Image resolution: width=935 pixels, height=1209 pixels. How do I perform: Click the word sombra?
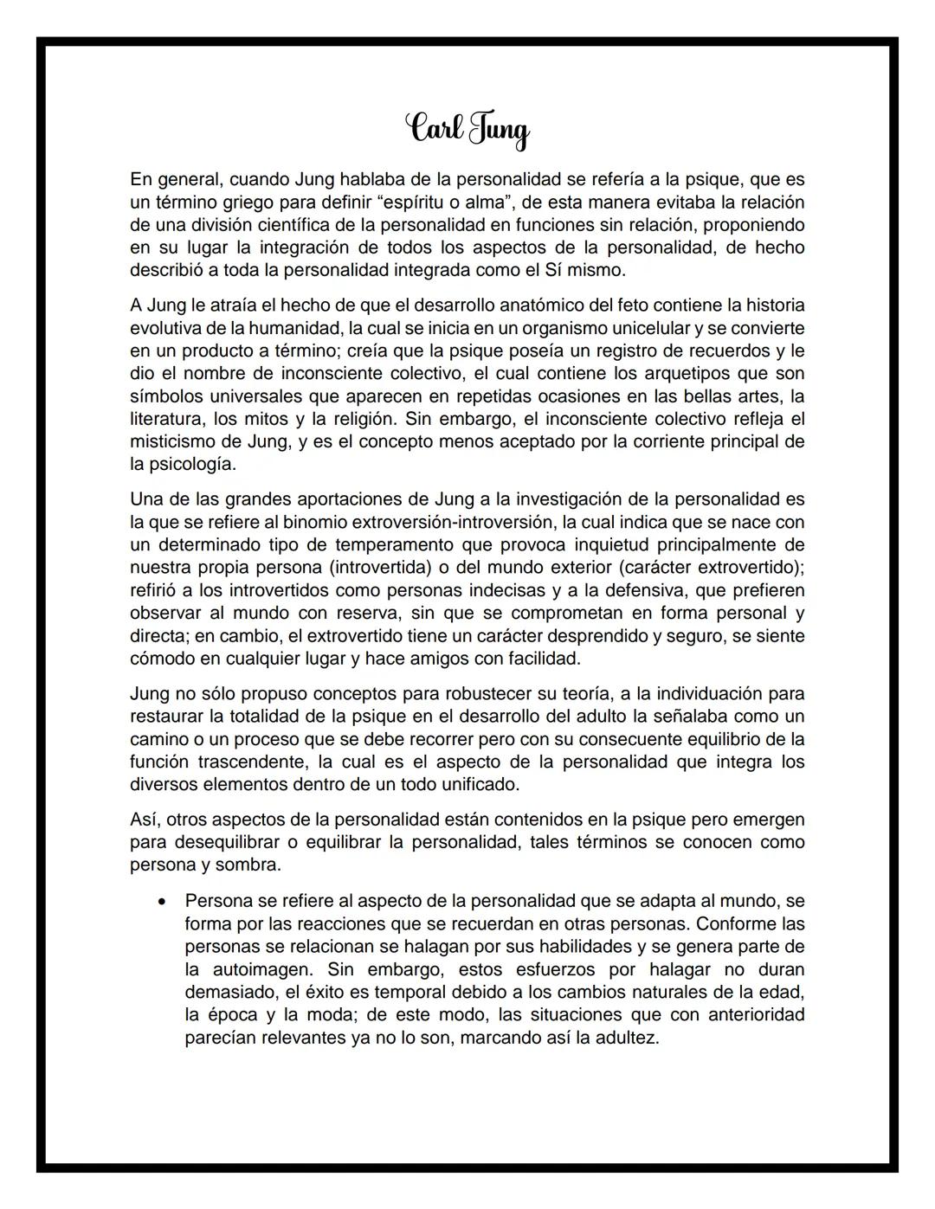tap(251, 865)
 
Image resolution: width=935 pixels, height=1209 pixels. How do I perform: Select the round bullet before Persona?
tap(162, 901)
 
